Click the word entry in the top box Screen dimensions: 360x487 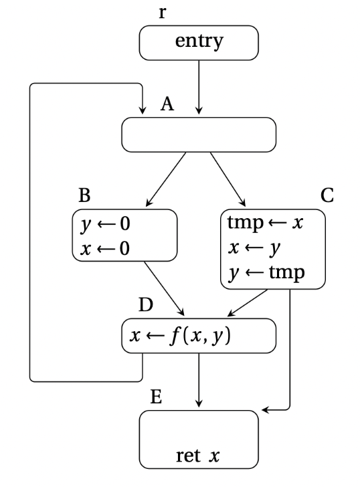tap(199, 41)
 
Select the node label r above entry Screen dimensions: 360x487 tap(163, 13)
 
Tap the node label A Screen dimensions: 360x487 tap(167, 104)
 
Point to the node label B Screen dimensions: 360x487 tap(84, 195)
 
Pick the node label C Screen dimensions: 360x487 tap(327, 195)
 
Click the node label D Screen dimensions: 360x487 tap(146, 304)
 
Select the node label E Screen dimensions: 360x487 tap(156, 397)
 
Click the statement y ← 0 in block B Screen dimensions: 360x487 tap(105, 224)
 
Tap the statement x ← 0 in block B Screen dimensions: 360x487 tap(105, 248)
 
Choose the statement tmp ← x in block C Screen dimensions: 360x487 tap(265, 222)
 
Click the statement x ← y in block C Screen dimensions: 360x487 tap(254, 248)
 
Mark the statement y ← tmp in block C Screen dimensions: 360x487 tap(266, 273)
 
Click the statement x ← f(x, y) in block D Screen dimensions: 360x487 tap(180, 336)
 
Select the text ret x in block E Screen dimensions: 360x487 tap(198, 456)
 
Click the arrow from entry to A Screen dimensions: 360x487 tap(199, 87)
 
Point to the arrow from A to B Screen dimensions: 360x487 tap(166, 179)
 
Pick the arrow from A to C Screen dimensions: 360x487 tap(228, 179)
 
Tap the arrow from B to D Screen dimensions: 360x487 tap(165, 288)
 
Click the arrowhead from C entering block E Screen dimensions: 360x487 tap(265, 410)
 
